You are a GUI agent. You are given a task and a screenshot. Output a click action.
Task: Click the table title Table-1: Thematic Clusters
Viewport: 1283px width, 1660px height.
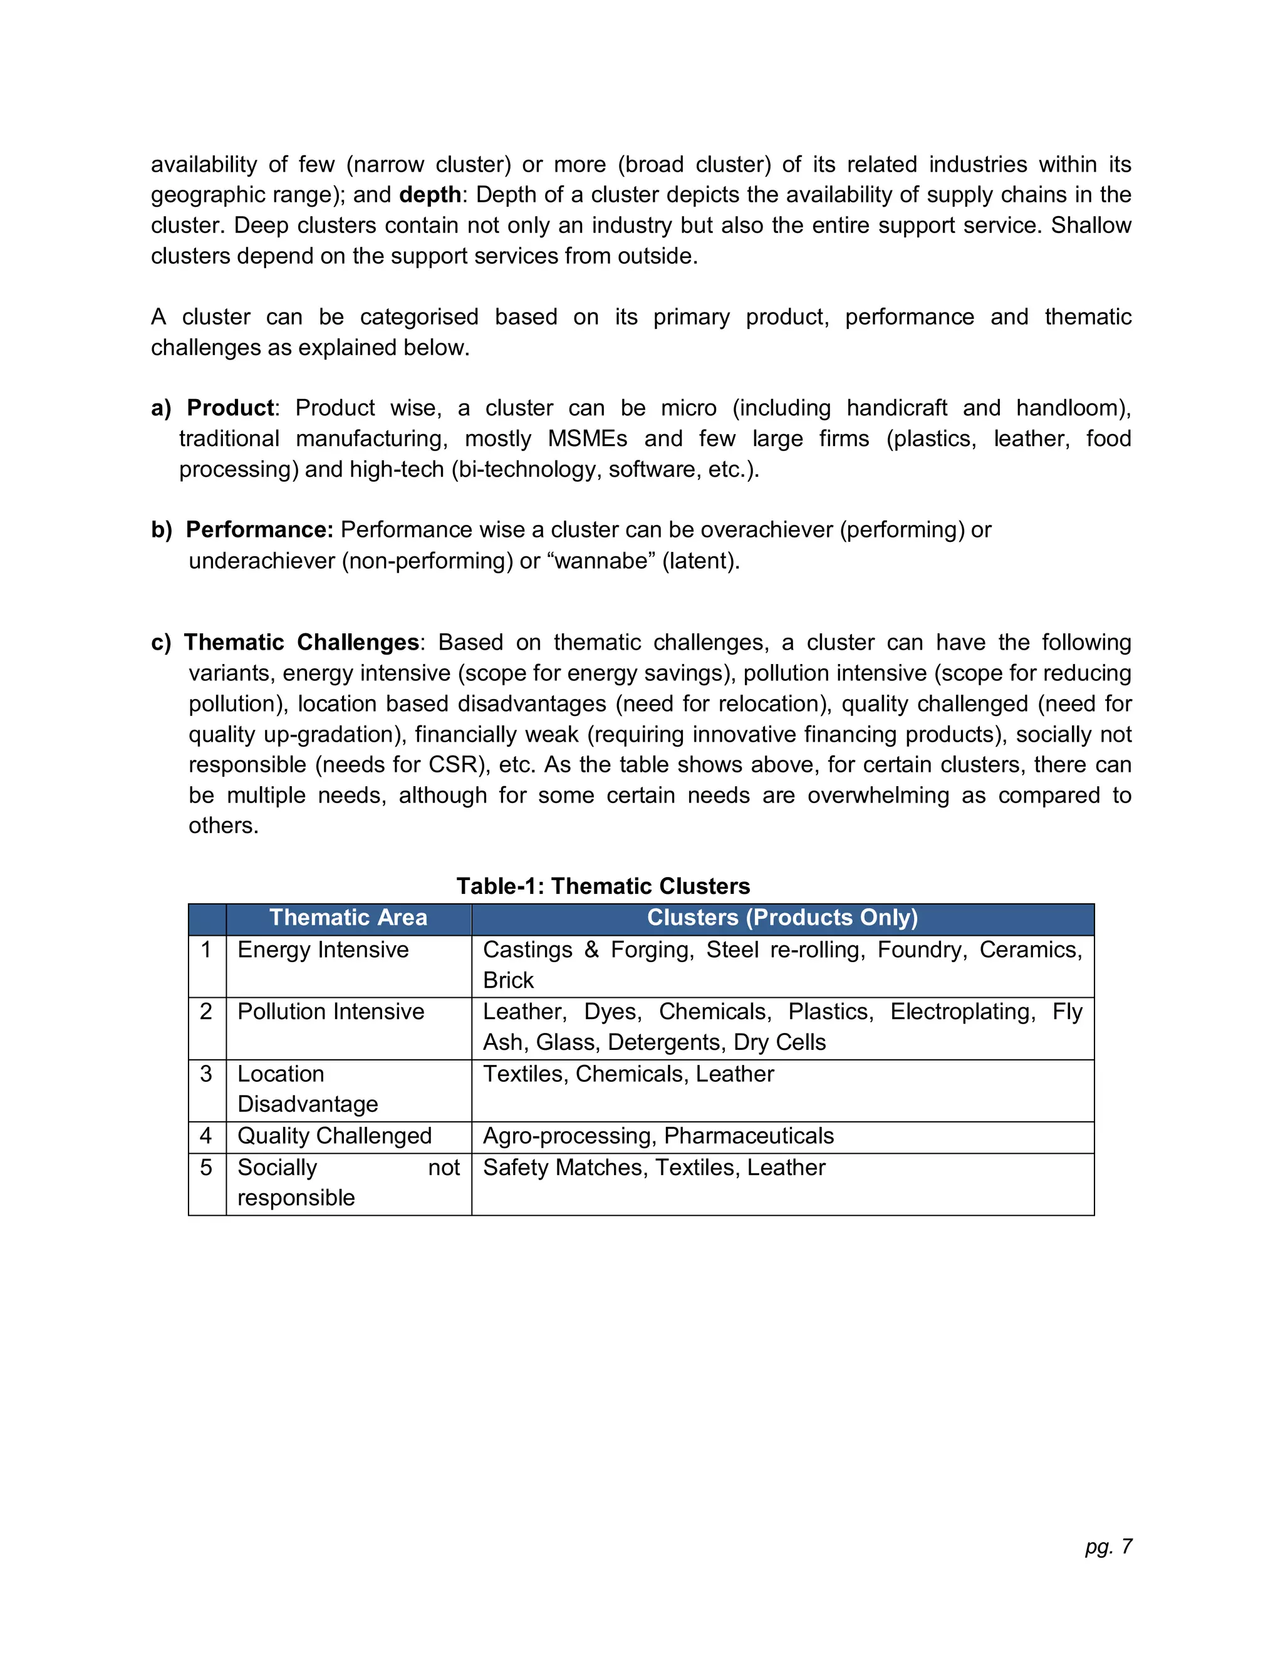pyautogui.click(x=603, y=886)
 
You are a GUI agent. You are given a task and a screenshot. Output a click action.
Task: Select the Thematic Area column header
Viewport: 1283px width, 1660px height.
pyautogui.click(x=348, y=918)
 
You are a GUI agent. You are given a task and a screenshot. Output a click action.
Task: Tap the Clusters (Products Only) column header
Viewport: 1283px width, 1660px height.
pyautogui.click(x=782, y=918)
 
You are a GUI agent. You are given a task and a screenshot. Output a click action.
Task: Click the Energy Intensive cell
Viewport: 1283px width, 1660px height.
pyautogui.click(x=323, y=950)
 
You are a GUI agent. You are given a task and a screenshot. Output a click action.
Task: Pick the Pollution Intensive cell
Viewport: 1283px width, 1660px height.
pyautogui.click(x=331, y=1012)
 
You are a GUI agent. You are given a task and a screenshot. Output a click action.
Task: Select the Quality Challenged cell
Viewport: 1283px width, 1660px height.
pyautogui.click(x=335, y=1136)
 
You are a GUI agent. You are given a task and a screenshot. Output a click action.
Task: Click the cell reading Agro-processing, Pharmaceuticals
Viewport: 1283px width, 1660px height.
pyautogui.click(x=658, y=1136)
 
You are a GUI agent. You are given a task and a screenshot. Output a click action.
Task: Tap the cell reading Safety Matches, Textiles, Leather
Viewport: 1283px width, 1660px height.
pyautogui.click(x=653, y=1168)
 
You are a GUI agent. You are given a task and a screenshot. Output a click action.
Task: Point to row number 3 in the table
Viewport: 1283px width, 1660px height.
pyautogui.click(x=206, y=1074)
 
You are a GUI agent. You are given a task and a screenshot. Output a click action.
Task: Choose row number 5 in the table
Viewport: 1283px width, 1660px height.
pyautogui.click(x=206, y=1168)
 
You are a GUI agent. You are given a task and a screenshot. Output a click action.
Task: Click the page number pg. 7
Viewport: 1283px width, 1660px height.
pyautogui.click(x=1108, y=1546)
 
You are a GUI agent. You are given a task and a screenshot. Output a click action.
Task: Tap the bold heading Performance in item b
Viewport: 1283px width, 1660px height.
pyautogui.click(x=259, y=530)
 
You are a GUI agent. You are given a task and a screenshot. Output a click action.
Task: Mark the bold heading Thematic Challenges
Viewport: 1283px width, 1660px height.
pyautogui.click(x=301, y=642)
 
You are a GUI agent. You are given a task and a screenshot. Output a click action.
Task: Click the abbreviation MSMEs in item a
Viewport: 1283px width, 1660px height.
pyautogui.click(x=588, y=438)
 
